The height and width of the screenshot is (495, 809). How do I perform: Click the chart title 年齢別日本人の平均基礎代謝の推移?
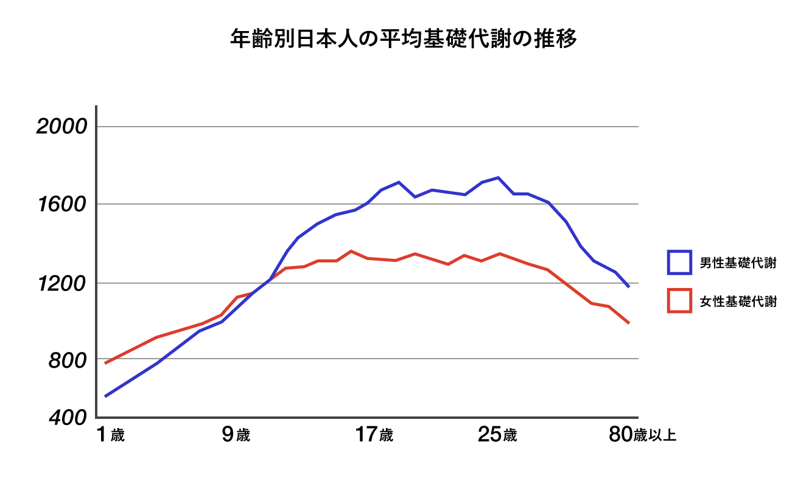404,39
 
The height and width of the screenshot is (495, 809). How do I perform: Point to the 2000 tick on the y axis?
62,127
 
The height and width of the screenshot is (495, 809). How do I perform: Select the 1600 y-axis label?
62,204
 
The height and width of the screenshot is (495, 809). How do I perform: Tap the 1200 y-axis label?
62,283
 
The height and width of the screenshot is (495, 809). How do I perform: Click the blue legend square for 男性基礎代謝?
679,262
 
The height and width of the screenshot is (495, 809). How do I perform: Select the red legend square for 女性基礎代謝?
679,301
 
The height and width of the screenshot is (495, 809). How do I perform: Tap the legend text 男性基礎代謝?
738,263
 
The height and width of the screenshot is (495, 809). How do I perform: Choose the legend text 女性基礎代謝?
738,301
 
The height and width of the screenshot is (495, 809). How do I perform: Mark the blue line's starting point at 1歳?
106,396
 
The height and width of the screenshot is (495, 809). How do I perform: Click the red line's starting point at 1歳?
106,363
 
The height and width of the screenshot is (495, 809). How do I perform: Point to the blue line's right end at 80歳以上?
628,286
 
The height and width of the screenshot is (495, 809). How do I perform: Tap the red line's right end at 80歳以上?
628,323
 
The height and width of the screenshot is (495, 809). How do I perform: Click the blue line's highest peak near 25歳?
499,178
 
